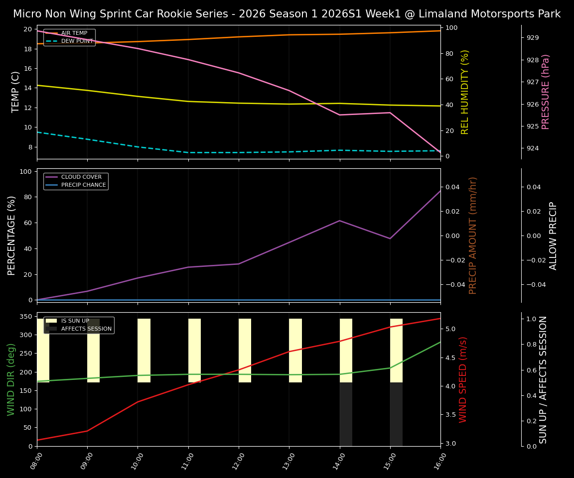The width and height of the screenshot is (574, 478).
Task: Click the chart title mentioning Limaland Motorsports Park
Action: tap(287, 14)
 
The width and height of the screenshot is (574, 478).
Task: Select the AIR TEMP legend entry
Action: tap(74, 33)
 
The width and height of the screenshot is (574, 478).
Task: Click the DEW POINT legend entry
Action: tap(77, 41)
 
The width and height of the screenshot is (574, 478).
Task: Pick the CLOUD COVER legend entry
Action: tap(81, 177)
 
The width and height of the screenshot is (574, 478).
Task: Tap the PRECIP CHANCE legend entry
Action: tap(83, 185)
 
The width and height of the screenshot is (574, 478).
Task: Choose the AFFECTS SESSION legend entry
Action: tap(86, 329)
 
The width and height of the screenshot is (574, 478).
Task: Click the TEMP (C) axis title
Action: tap(16, 92)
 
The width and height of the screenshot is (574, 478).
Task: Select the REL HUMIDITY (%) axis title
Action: tap(465, 92)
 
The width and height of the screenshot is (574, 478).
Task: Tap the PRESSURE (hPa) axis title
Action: tap(546, 92)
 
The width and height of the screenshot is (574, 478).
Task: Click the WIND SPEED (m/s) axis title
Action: tap(463, 379)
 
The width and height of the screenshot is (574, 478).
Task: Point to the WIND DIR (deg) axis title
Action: tap(11, 379)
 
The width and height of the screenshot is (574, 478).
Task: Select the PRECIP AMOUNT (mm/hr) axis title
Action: tap(473, 236)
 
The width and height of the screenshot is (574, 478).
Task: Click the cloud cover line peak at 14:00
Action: tap(340, 221)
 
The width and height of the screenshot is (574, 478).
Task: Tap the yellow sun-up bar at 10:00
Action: tap(144, 351)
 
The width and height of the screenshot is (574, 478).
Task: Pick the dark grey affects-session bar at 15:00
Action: tap(396, 414)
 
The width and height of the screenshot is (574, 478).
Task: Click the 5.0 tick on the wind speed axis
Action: tap(450, 329)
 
